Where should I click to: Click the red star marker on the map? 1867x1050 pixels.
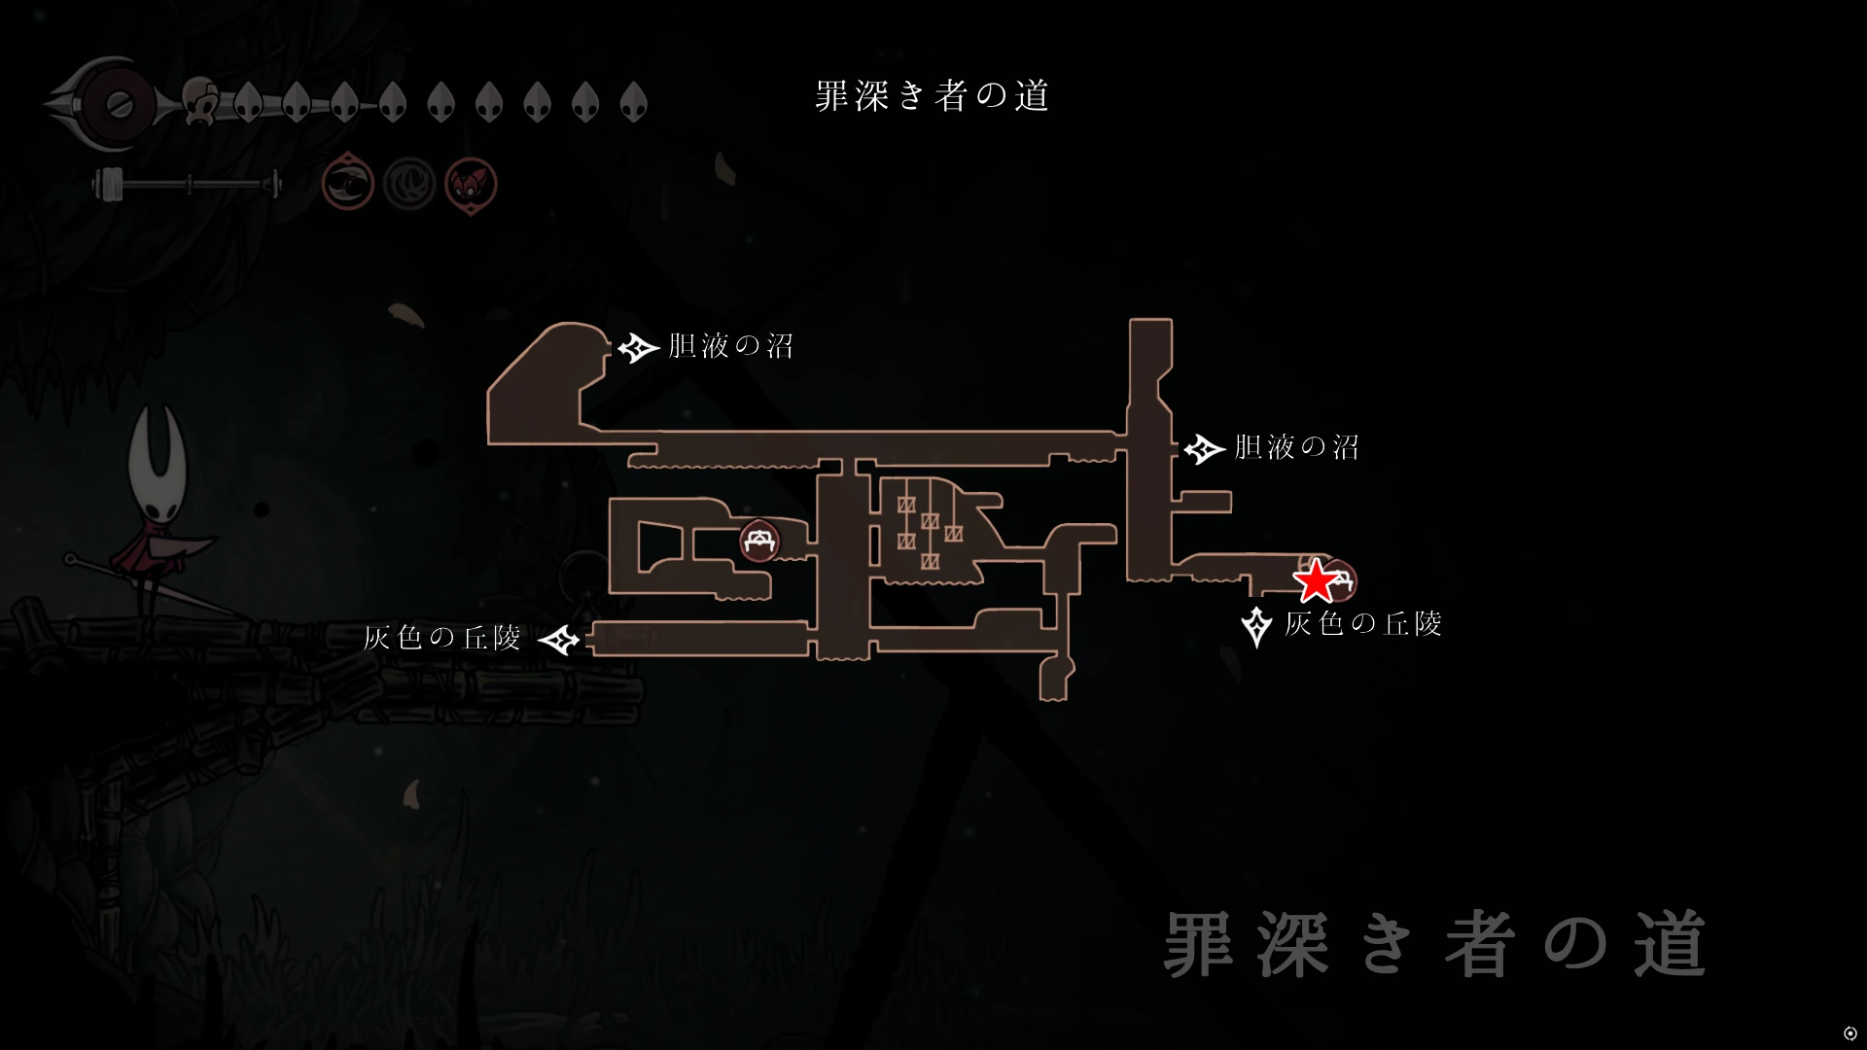coord(1315,580)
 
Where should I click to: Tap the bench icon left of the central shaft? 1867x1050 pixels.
coord(758,541)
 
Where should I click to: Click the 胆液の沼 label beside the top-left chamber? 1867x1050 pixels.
coord(730,346)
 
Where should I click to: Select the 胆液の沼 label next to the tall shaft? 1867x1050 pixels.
coord(1296,447)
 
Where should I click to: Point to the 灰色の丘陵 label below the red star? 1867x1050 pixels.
coord(1362,623)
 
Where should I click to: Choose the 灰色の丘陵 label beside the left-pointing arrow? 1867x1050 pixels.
coord(442,638)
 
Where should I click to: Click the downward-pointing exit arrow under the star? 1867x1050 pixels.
coord(1256,626)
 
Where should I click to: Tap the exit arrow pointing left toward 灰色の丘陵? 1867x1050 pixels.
coord(559,640)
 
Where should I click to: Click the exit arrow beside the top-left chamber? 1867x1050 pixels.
coord(639,347)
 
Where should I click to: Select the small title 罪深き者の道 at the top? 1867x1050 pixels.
coord(932,96)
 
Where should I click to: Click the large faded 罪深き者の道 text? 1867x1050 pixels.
coord(1434,945)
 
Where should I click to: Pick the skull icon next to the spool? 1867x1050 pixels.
coord(201,101)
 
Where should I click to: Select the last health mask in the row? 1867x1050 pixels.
coord(633,101)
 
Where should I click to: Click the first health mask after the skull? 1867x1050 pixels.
coord(248,101)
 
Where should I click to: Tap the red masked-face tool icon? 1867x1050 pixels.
coord(471,184)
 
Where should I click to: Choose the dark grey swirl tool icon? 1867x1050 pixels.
coord(409,183)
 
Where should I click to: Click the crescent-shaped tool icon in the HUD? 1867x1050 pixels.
coord(348,182)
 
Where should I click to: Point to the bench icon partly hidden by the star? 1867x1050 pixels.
coord(1342,580)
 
